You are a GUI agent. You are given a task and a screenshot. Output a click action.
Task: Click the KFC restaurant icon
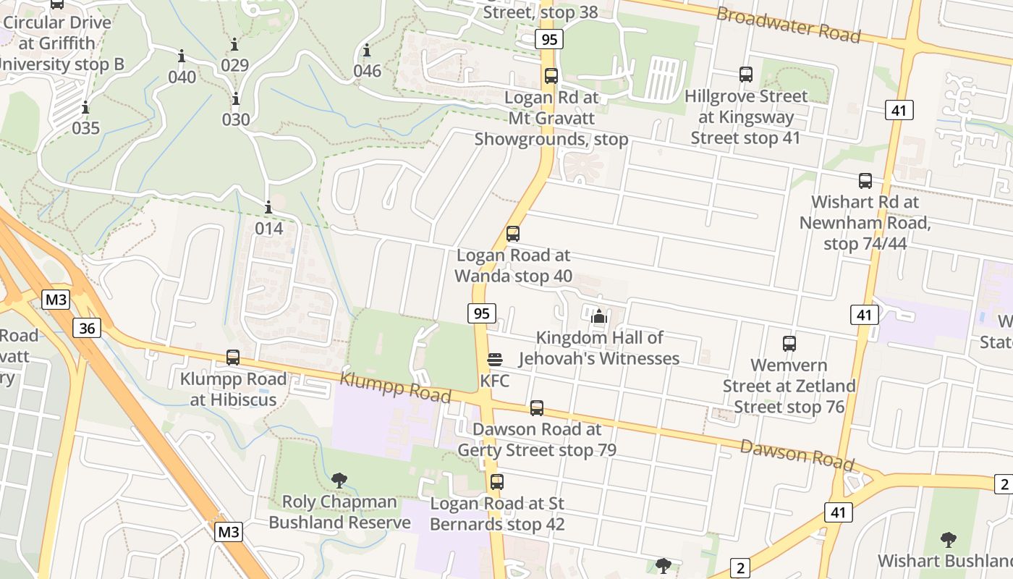[x=495, y=360]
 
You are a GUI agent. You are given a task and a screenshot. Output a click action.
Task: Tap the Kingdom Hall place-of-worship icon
[x=598, y=316]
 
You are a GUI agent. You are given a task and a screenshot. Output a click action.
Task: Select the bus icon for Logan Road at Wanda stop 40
[x=513, y=234]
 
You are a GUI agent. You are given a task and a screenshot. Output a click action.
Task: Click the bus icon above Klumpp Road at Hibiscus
[x=233, y=358]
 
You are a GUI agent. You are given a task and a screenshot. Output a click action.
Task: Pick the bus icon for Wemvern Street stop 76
[x=789, y=344]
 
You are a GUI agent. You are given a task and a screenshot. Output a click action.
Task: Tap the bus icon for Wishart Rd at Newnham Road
[x=865, y=181]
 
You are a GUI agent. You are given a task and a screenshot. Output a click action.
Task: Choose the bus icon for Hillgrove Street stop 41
[x=746, y=75]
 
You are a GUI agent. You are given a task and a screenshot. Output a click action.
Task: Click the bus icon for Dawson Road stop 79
[x=536, y=408]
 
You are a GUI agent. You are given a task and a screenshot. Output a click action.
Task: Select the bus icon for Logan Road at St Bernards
[x=496, y=482]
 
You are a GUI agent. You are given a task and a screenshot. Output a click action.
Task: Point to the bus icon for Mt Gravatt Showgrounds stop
[x=551, y=76]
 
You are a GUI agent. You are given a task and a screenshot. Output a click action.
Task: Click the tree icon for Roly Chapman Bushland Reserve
[x=339, y=480]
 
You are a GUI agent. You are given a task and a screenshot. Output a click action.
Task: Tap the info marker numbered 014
[x=268, y=208]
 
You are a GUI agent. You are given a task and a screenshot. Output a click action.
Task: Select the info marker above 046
[x=367, y=51]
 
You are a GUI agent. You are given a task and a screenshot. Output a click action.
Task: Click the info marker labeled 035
[x=85, y=108]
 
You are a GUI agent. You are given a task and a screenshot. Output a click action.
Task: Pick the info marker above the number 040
[x=182, y=56]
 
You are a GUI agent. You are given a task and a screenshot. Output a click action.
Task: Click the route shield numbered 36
[x=87, y=329]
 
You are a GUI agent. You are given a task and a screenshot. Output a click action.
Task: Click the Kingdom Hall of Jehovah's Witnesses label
[x=600, y=348]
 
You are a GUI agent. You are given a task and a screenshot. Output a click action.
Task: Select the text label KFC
[x=495, y=381]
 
